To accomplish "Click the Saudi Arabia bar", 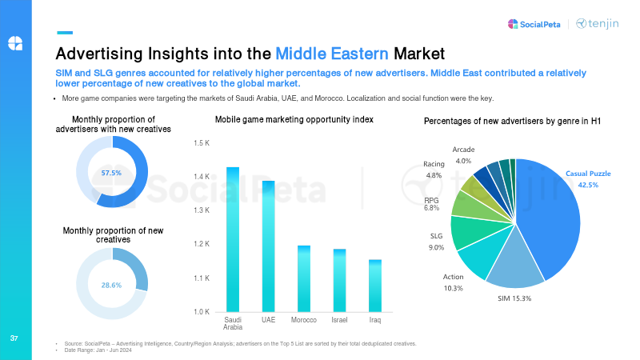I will pos(234,239).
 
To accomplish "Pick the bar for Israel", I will pos(339,280).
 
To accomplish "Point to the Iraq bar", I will pos(374,286).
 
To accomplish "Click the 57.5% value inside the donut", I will pos(112,173).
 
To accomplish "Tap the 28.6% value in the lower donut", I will pos(112,285).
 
